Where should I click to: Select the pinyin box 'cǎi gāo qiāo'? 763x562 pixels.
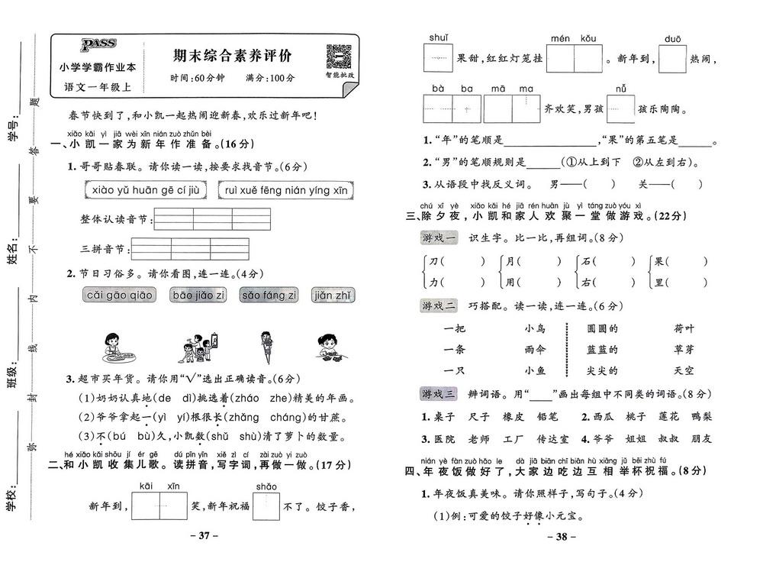pyautogui.click(x=120, y=296)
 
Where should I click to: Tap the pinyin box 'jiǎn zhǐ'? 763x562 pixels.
pyautogui.click(x=333, y=296)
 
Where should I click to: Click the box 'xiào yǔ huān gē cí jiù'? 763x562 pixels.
pyautogui.click(x=145, y=190)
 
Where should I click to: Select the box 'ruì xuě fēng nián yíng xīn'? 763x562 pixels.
pyautogui.click(x=285, y=190)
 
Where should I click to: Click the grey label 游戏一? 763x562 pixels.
pyautogui.click(x=439, y=238)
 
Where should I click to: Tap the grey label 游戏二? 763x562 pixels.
pyautogui.click(x=439, y=306)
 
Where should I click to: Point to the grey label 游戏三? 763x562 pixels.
pyautogui.click(x=439, y=394)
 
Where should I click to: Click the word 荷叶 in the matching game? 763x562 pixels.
pyautogui.click(x=684, y=329)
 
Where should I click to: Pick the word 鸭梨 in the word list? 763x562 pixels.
pyautogui.click(x=700, y=417)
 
